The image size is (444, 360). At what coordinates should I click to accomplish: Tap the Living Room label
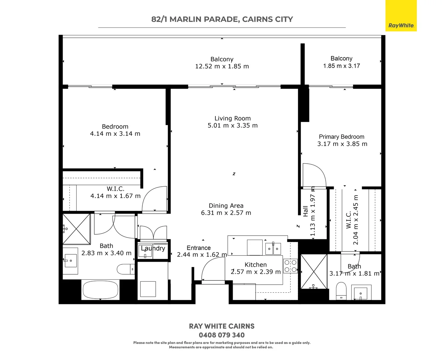point(232,118)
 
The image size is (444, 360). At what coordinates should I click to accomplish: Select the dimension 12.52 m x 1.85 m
point(222,66)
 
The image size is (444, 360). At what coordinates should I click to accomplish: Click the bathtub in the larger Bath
point(100,289)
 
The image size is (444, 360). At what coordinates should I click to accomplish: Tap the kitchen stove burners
point(290,266)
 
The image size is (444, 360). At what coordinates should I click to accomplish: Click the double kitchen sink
point(273,248)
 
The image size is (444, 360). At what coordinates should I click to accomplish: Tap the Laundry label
point(153,248)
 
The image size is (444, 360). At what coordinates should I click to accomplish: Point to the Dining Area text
point(226,206)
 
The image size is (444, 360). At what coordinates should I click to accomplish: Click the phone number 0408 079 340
point(222,335)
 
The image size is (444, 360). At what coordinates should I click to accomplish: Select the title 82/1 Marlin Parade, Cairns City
point(222,19)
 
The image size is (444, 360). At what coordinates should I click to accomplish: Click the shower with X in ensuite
point(314,271)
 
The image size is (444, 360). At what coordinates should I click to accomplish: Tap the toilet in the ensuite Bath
point(341,291)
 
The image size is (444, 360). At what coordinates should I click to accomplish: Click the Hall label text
point(305,211)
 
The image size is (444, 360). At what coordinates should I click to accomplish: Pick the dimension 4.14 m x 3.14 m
point(115,134)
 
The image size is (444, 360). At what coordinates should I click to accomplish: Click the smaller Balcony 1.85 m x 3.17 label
point(341,62)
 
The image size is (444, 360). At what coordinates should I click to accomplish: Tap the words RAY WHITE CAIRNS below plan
point(222,326)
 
